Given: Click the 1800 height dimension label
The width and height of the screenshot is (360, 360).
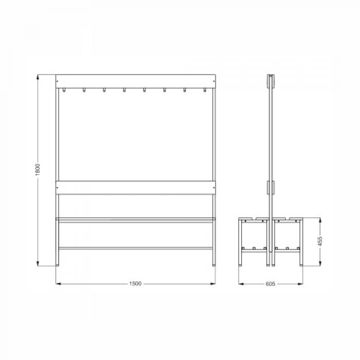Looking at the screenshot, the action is point(38,170).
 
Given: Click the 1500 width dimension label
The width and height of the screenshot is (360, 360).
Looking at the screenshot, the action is point(135,283).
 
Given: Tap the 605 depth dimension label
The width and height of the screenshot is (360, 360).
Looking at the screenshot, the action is point(271,284).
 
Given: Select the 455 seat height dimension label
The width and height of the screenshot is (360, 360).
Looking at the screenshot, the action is point(320,241).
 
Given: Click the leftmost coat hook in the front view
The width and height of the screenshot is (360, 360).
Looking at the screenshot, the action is point(64,90).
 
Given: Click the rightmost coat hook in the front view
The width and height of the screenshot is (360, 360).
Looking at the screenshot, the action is point(205,90).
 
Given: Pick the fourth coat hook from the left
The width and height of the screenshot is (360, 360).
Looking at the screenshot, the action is point(124,90).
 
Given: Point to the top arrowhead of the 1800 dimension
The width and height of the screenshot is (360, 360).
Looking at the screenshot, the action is point(38,77).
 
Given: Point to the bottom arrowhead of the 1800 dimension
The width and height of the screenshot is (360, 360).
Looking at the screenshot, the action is point(38,263).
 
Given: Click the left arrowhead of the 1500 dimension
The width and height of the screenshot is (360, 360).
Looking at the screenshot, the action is point(59,284).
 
